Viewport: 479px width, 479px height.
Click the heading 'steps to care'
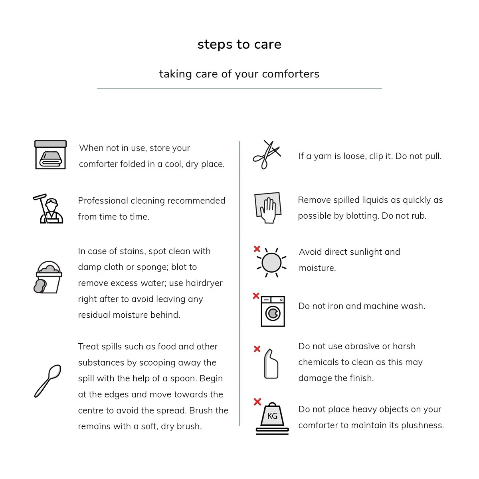239,44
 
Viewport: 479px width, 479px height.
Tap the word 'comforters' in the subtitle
291,74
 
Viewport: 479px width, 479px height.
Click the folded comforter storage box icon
50,155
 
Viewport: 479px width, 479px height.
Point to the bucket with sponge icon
48,278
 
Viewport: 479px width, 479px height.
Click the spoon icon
48,381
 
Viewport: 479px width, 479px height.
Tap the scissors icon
266,155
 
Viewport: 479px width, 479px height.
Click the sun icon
272,263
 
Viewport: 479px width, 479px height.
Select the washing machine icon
273,311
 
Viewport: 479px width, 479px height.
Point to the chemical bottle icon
271,364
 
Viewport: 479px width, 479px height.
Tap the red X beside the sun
257,249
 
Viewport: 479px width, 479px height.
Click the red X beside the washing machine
256,296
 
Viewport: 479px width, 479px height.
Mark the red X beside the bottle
257,349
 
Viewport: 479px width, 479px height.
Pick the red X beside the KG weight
257,402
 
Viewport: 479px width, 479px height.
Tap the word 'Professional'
103,200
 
